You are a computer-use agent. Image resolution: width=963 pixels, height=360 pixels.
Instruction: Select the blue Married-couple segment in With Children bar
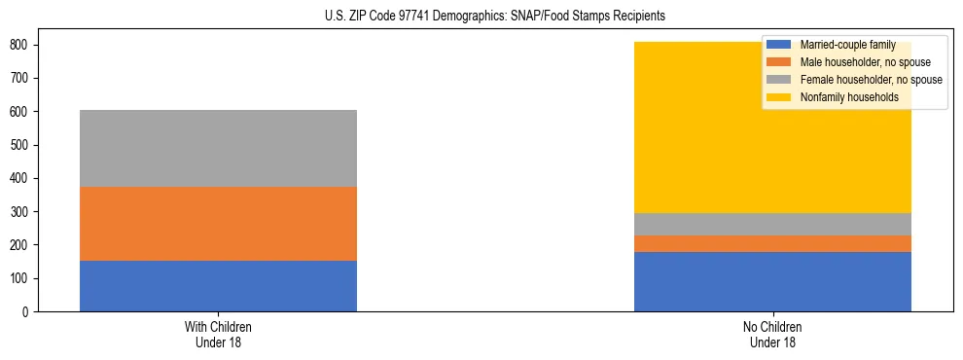point(218,286)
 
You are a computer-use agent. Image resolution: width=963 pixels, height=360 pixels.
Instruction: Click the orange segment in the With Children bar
point(218,224)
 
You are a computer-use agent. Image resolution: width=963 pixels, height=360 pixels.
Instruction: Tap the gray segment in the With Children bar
point(218,148)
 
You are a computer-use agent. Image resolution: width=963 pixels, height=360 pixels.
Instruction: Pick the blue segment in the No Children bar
point(772,281)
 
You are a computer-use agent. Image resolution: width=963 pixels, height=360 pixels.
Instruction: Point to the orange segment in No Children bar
point(772,243)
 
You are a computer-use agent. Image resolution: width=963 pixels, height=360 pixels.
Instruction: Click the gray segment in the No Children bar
point(772,224)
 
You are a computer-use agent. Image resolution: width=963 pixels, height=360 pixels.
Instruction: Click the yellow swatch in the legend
point(779,97)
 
